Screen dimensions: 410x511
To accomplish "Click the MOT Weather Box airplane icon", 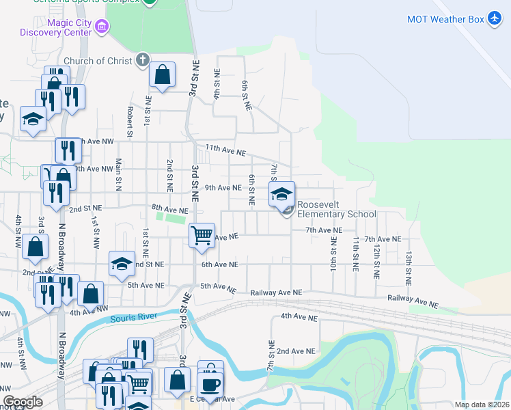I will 495,19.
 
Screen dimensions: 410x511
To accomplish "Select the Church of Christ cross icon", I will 142,61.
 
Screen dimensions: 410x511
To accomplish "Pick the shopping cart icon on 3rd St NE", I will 202,236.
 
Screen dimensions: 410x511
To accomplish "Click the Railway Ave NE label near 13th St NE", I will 413,299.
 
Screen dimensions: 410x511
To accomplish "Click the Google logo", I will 22,402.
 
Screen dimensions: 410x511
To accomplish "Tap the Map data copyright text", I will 482,405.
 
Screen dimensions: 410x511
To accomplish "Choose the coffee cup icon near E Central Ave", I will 210,384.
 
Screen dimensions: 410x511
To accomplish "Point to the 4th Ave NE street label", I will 299,318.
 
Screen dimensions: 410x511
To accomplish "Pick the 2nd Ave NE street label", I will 296,351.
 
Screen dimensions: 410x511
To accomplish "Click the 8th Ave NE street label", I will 170,209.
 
